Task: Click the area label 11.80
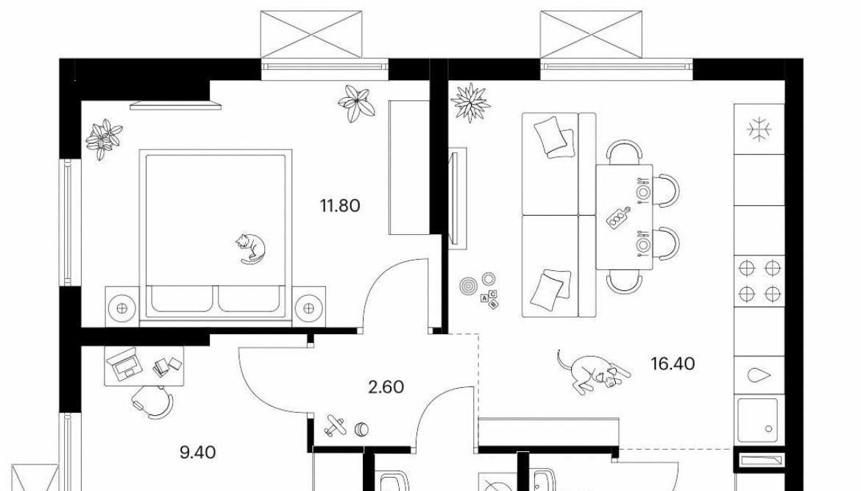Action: point(340,206)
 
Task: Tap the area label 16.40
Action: point(673,364)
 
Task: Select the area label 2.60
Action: point(386,387)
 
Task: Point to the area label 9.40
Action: point(198,453)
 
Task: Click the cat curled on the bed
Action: point(250,248)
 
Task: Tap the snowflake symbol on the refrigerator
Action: point(759,130)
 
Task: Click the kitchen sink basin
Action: point(758,420)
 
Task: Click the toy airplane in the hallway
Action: point(334,425)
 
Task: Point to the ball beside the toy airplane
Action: point(361,428)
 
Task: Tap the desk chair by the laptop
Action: point(152,403)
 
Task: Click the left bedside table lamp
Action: point(122,308)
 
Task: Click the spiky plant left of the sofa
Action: point(470,102)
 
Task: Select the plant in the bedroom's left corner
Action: point(104,138)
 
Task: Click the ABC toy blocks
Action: point(490,299)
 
